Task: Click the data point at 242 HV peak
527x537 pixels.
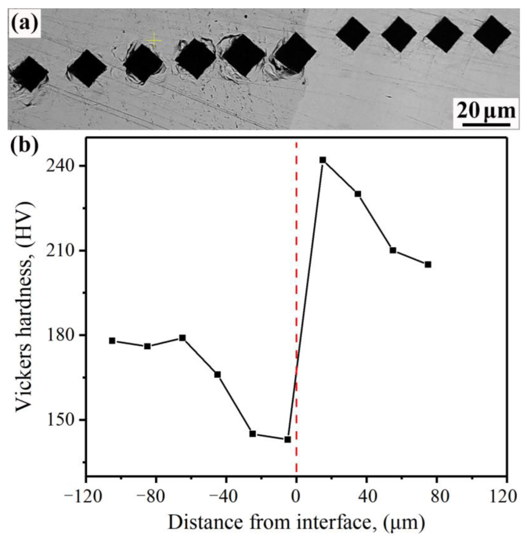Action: [323, 160]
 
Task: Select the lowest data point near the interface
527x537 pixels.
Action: [287, 439]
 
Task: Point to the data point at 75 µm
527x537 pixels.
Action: [428, 264]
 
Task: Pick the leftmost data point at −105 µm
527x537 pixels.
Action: [112, 341]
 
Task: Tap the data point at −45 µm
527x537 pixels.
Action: [218, 375]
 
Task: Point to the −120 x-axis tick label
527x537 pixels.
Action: [85, 497]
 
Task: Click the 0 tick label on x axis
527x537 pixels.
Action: [296, 497]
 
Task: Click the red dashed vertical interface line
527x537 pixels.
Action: [296, 281]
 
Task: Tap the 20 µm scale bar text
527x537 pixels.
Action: [486, 110]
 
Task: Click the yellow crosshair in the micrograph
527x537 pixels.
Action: [154, 40]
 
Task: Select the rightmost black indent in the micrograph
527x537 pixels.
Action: [492, 34]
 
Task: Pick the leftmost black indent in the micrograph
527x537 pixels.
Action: [28, 74]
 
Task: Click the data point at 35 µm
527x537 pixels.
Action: [358, 194]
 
